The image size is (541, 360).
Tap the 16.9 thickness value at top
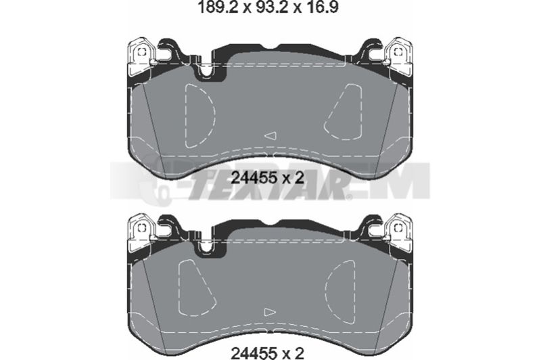click(320, 7)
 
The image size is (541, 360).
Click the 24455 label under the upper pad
click(254, 178)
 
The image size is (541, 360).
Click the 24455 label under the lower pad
click(254, 352)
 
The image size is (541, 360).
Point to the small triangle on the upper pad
click(270, 135)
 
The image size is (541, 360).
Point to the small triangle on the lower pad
click(270, 312)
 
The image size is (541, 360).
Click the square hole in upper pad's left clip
click(142, 52)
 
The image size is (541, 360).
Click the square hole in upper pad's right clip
click(398, 52)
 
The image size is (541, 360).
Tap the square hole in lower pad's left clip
click(142, 227)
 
